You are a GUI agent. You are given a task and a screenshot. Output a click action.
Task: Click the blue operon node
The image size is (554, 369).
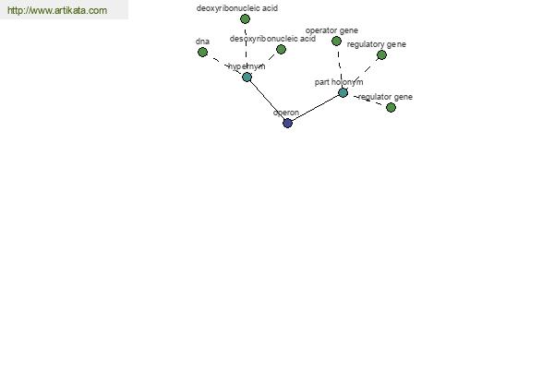tap(287, 124)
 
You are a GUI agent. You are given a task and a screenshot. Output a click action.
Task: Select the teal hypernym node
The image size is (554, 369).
tap(247, 77)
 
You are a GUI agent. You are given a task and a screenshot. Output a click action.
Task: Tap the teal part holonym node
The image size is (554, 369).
tap(343, 93)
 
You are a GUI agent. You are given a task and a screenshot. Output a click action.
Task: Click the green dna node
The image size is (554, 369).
tap(202, 53)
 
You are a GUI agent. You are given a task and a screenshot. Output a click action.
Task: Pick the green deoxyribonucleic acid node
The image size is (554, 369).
tap(245, 19)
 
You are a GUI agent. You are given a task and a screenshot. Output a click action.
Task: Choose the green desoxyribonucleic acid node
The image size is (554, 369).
tap(281, 50)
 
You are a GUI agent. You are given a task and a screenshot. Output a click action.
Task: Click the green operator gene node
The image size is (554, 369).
tap(336, 42)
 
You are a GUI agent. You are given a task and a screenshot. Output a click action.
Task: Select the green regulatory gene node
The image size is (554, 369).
tap(381, 55)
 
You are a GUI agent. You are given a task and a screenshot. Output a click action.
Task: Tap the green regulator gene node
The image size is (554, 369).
tap(391, 108)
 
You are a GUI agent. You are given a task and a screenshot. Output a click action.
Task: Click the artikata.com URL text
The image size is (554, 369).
tap(57, 10)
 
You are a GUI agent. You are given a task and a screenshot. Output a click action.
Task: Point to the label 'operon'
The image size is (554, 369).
tap(286, 113)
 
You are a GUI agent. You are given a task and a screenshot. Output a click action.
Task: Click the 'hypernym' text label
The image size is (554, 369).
tap(247, 66)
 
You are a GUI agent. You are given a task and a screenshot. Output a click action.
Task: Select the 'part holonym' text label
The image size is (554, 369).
tap(339, 82)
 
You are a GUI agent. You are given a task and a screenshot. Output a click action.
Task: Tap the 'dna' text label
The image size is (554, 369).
tap(202, 42)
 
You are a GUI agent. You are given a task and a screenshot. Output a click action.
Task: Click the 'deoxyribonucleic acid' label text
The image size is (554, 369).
tap(237, 8)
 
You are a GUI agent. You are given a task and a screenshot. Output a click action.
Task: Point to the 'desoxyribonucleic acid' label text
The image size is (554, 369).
tap(272, 39)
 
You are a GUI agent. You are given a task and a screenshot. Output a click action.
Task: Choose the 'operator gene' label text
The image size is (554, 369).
tap(331, 30)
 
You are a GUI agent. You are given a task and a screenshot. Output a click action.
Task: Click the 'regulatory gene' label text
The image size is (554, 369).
tap(377, 45)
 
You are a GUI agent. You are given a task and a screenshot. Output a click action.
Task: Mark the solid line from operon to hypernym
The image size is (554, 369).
tap(268, 101)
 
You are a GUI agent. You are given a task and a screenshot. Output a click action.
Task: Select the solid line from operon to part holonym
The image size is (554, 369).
tap(315, 108)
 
